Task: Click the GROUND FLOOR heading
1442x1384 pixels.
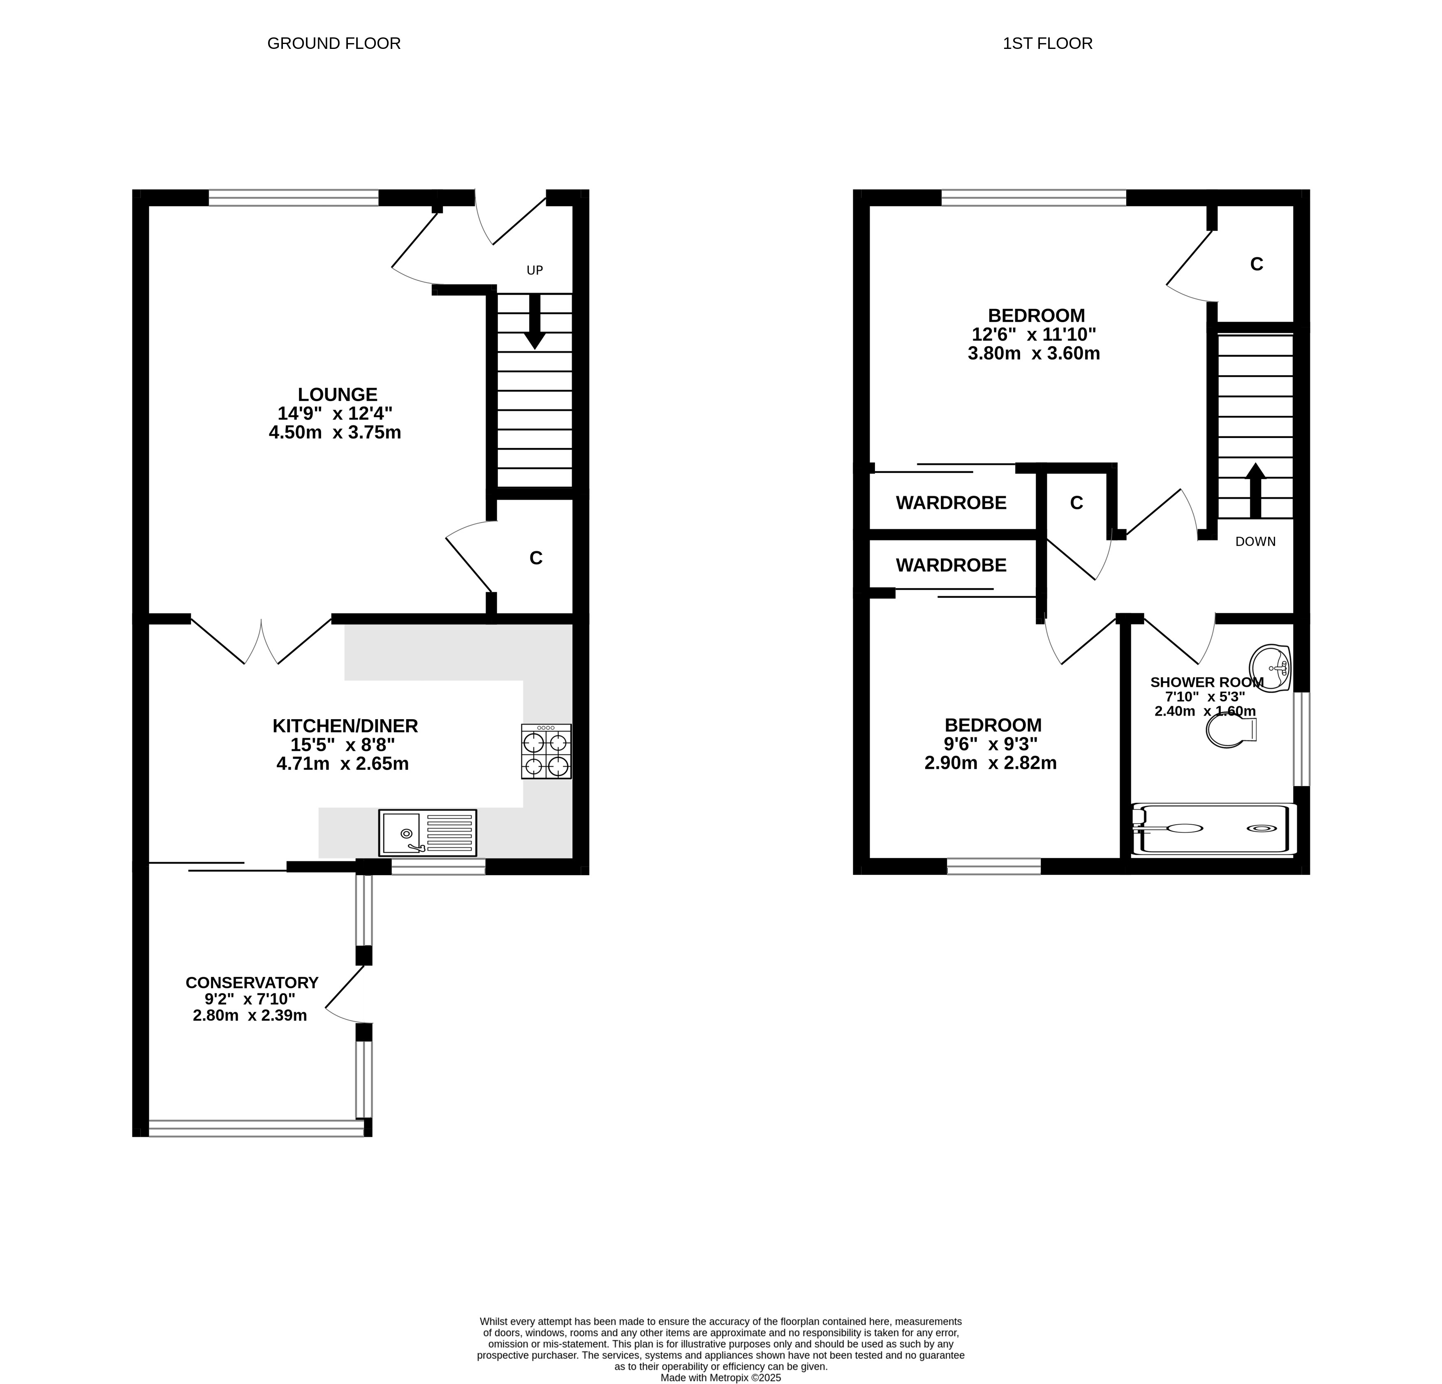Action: click(x=333, y=44)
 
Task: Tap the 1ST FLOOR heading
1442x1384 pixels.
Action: click(x=1048, y=44)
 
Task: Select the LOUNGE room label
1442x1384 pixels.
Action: click(x=338, y=394)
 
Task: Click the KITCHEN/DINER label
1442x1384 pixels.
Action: click(x=345, y=726)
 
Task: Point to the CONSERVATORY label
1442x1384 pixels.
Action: click(x=252, y=983)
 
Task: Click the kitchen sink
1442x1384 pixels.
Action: click(x=428, y=833)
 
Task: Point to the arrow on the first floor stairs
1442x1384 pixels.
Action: click(x=1255, y=491)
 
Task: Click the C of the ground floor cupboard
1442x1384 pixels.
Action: click(x=536, y=558)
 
